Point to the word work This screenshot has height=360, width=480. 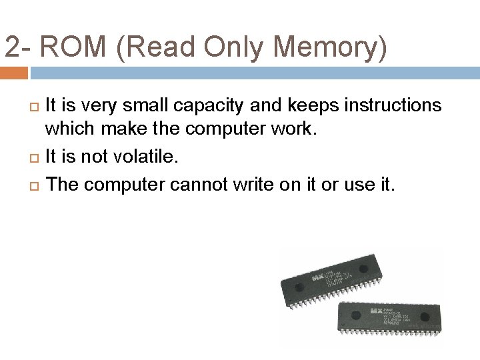click(x=297, y=129)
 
